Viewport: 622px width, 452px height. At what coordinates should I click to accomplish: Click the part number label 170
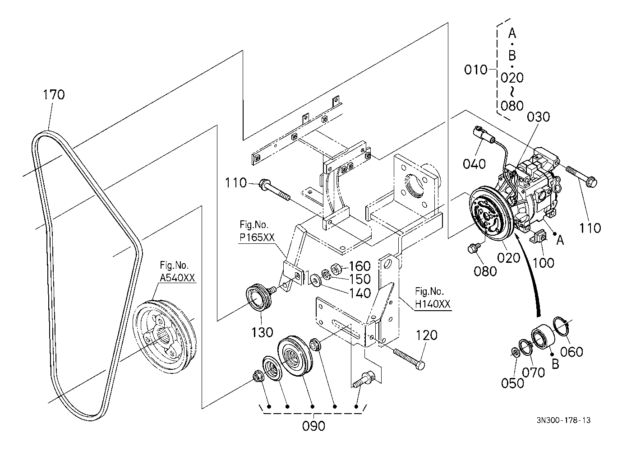54,94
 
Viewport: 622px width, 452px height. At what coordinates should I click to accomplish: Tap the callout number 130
262,332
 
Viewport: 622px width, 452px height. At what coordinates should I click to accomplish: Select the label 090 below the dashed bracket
314,426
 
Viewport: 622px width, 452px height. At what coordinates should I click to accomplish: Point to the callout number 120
427,335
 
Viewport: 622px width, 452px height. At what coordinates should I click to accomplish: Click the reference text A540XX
177,277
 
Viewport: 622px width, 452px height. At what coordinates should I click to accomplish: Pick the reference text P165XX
257,237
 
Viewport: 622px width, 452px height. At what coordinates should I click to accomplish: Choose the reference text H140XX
433,304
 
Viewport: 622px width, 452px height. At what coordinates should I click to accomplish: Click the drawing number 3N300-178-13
563,420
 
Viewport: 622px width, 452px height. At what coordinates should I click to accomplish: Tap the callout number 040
474,164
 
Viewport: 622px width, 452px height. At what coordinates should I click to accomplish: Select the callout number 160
359,266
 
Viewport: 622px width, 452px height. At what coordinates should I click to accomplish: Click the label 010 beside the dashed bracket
476,70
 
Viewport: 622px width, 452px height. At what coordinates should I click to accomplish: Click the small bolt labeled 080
473,248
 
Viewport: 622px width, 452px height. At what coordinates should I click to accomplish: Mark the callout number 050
512,383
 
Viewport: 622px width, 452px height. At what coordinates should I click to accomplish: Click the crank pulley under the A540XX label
164,336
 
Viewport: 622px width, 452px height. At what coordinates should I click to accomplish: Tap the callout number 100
544,263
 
